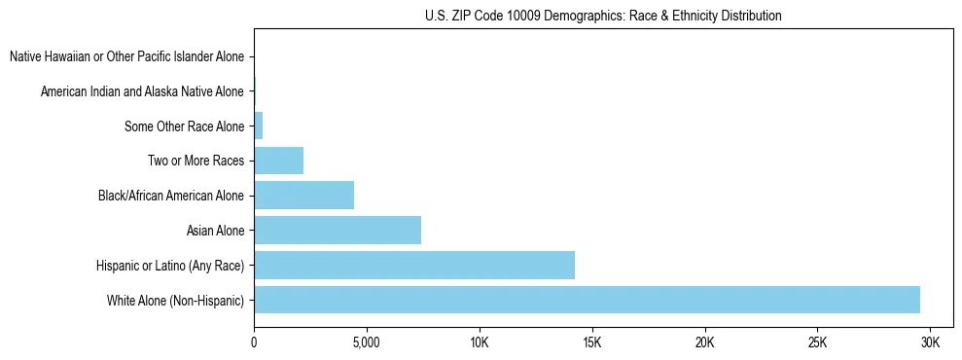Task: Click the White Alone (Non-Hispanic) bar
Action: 587,300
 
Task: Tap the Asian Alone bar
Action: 338,230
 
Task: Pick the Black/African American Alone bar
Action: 303,195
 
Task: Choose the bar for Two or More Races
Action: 278,161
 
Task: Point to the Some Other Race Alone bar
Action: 259,126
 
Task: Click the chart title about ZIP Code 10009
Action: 603,16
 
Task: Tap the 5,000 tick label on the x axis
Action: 366,343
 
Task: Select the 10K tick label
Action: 479,343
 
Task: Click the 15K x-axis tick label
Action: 591,343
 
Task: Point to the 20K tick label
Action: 704,343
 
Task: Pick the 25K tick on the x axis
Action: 817,343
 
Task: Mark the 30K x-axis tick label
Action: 930,343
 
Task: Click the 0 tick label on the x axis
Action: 254,343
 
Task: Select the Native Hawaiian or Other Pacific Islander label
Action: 126,56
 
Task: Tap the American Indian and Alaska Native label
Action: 142,91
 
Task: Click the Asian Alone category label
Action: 215,231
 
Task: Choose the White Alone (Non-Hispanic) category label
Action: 175,300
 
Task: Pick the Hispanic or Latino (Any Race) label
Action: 170,265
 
